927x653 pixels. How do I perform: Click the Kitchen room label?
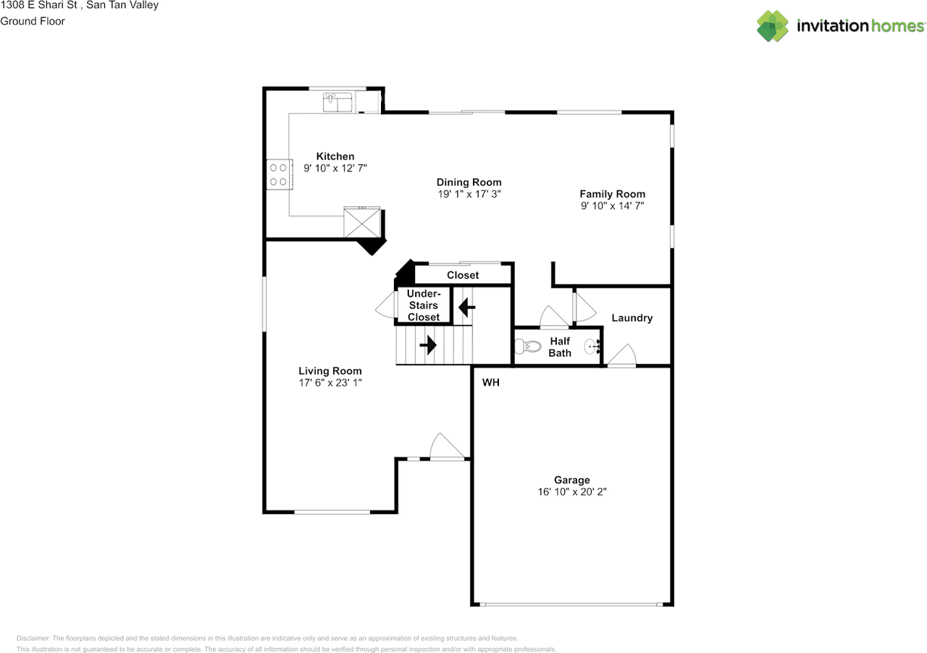click(x=335, y=156)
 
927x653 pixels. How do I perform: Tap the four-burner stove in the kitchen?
click(x=280, y=174)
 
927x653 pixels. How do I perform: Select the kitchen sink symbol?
click(x=337, y=102)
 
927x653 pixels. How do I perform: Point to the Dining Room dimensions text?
click(x=469, y=194)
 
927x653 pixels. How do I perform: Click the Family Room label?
click(x=613, y=194)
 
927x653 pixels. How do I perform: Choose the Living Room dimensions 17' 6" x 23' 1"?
click(x=330, y=383)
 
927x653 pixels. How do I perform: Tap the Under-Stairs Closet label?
click(x=424, y=306)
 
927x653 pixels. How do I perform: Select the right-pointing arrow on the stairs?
click(x=428, y=345)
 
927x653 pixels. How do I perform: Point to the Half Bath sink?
click(x=592, y=346)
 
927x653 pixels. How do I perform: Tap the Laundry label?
click(x=632, y=318)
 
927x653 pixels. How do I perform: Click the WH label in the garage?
click(x=491, y=382)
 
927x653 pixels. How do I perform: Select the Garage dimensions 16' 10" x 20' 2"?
click(x=572, y=492)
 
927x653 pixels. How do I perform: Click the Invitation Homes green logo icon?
click(x=773, y=26)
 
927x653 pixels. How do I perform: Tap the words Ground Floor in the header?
click(x=33, y=21)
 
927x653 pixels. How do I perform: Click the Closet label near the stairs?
click(x=463, y=275)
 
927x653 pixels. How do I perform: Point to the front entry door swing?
click(x=447, y=446)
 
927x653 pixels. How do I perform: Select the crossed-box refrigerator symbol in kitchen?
click(x=362, y=222)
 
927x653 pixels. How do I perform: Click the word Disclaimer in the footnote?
click(x=33, y=638)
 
